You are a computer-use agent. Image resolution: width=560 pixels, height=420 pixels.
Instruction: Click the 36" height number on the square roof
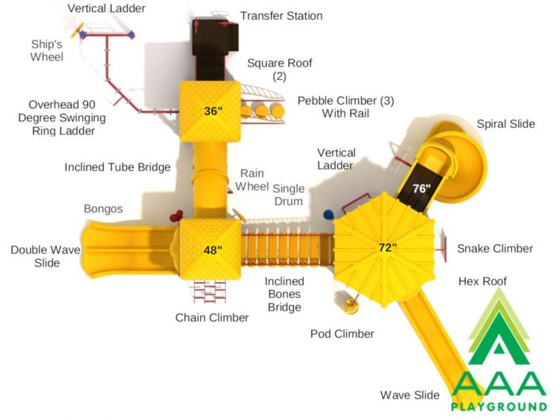tap(213, 111)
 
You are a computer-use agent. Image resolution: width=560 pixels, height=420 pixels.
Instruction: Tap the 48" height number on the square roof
tap(213, 250)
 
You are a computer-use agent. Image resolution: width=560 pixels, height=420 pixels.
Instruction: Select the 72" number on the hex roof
tap(388, 247)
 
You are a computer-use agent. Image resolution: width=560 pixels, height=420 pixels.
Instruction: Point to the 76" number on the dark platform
tap(422, 188)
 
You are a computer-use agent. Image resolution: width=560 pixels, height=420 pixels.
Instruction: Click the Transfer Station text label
tap(281, 16)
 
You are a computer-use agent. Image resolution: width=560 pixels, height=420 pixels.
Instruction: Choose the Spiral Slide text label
tap(506, 124)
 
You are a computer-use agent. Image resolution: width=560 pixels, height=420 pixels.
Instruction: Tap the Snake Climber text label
tap(495, 248)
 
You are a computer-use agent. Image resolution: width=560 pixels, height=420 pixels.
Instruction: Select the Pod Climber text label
tap(342, 334)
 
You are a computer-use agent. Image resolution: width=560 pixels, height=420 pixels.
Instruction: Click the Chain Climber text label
tap(211, 318)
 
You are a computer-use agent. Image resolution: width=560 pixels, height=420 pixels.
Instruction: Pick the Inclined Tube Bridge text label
tap(117, 167)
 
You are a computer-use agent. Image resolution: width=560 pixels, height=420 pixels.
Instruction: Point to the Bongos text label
tap(103, 208)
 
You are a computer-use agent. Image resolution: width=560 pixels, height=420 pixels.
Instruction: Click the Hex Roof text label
tap(482, 281)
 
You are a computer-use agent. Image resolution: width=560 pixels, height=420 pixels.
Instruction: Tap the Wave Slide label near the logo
tap(410, 395)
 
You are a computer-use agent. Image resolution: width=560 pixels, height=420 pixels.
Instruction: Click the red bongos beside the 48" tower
tap(176, 216)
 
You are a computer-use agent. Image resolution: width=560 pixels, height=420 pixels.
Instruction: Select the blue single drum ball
tap(328, 215)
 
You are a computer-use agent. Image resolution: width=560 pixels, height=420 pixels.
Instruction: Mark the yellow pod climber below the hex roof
tap(350, 304)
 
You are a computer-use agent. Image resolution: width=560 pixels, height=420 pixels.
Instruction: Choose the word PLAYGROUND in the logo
tap(499, 407)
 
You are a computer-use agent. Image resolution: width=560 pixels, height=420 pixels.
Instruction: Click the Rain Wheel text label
tap(252, 180)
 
